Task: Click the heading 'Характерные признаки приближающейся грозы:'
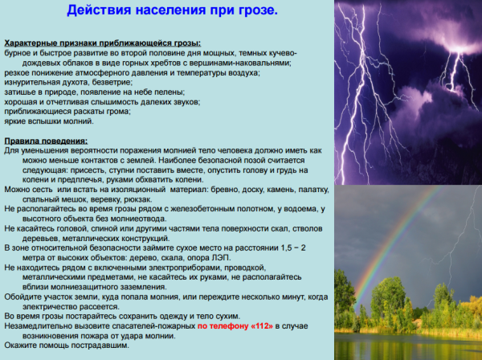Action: [x=104, y=43]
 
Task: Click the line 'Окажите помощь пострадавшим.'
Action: [x=66, y=346]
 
